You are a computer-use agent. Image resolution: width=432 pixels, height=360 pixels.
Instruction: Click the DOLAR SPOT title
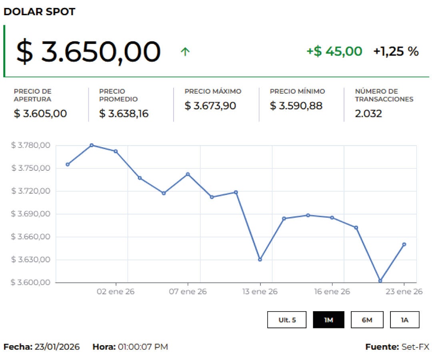click(39, 12)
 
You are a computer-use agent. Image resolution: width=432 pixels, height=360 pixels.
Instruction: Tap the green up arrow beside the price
click(185, 52)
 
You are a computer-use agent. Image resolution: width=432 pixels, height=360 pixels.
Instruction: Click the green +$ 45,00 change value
click(334, 51)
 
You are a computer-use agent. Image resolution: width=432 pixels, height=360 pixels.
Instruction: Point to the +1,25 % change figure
click(396, 51)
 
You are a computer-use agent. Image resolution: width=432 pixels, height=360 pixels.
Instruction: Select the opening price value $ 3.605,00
click(40, 114)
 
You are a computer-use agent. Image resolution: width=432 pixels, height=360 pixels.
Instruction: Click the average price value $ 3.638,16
click(124, 114)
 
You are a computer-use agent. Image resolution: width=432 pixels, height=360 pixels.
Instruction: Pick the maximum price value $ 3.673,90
click(210, 106)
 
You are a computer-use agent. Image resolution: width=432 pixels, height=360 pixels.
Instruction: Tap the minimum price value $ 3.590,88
click(296, 106)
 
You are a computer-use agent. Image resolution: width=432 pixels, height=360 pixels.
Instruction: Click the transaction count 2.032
click(368, 114)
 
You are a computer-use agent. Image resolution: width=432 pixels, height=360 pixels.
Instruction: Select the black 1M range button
click(328, 320)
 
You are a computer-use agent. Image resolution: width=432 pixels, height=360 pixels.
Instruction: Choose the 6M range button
click(367, 320)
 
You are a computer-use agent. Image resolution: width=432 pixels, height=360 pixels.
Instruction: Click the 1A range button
click(404, 320)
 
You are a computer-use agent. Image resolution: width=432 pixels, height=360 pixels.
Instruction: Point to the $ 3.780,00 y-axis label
click(31, 145)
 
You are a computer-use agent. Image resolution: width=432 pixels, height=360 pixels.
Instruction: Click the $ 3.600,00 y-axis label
click(31, 282)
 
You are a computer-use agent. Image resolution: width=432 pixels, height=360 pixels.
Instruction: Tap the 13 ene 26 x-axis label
click(260, 292)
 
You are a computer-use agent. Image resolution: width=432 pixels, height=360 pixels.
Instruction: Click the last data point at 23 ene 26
click(404, 244)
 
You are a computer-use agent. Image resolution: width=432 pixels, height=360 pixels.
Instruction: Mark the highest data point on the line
click(92, 145)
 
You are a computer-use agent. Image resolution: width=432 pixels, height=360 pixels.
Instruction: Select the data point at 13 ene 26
click(260, 260)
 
